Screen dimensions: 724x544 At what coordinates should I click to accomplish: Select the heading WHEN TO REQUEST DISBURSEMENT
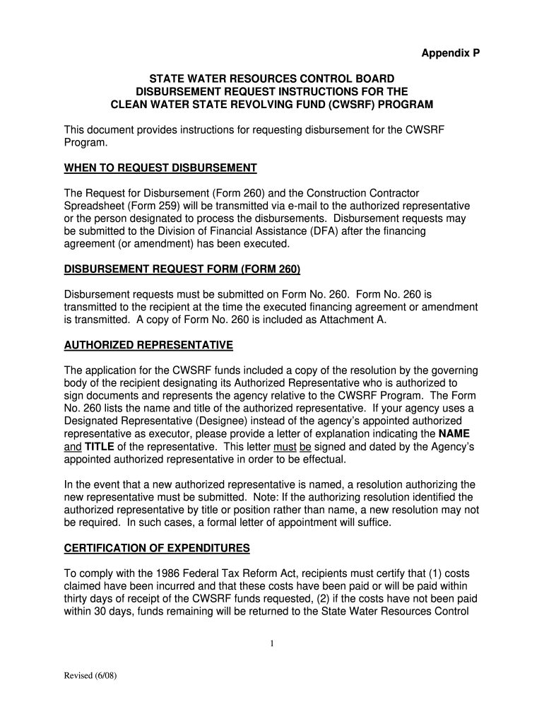coord(160,168)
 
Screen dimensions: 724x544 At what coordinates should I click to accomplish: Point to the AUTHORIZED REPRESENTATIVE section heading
coord(148,345)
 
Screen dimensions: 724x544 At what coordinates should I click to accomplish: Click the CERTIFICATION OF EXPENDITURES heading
coord(157,549)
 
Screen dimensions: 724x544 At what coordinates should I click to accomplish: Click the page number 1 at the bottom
coord(271,643)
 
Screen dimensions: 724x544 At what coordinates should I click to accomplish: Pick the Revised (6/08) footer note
coord(90,676)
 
